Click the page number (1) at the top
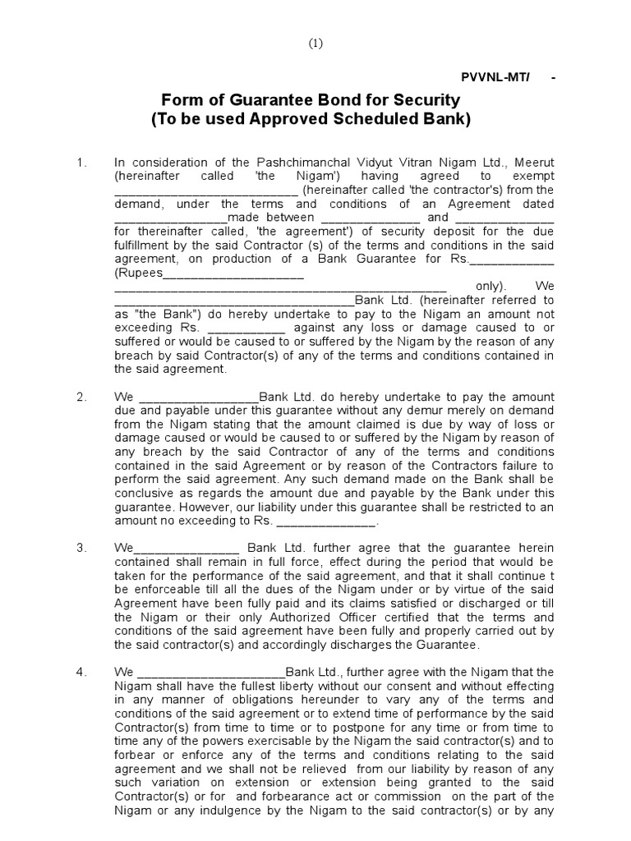coord(315,45)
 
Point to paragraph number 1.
coord(81,163)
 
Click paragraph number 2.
coord(81,397)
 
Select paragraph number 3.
coord(81,548)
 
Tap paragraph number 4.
coord(81,672)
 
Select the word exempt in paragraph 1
coord(532,177)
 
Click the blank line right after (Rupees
coord(233,273)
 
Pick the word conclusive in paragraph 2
coord(143,493)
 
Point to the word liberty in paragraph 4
coord(251,686)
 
